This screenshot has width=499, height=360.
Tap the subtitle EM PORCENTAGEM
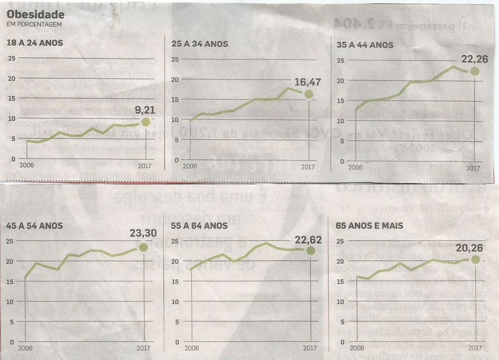coord(34,24)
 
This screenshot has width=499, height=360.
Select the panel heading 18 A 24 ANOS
coord(35,43)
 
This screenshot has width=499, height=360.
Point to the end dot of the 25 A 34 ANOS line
coord(308,94)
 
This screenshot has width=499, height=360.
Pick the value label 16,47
coord(306,82)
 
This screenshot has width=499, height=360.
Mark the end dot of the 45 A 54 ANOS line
coord(143,247)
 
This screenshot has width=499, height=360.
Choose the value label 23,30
coord(143,234)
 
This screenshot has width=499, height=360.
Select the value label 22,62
coord(307,239)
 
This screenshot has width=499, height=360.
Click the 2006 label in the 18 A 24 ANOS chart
coord(26,166)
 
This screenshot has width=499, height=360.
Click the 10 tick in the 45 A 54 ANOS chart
coord(11,302)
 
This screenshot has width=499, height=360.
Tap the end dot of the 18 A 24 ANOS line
coord(144,122)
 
